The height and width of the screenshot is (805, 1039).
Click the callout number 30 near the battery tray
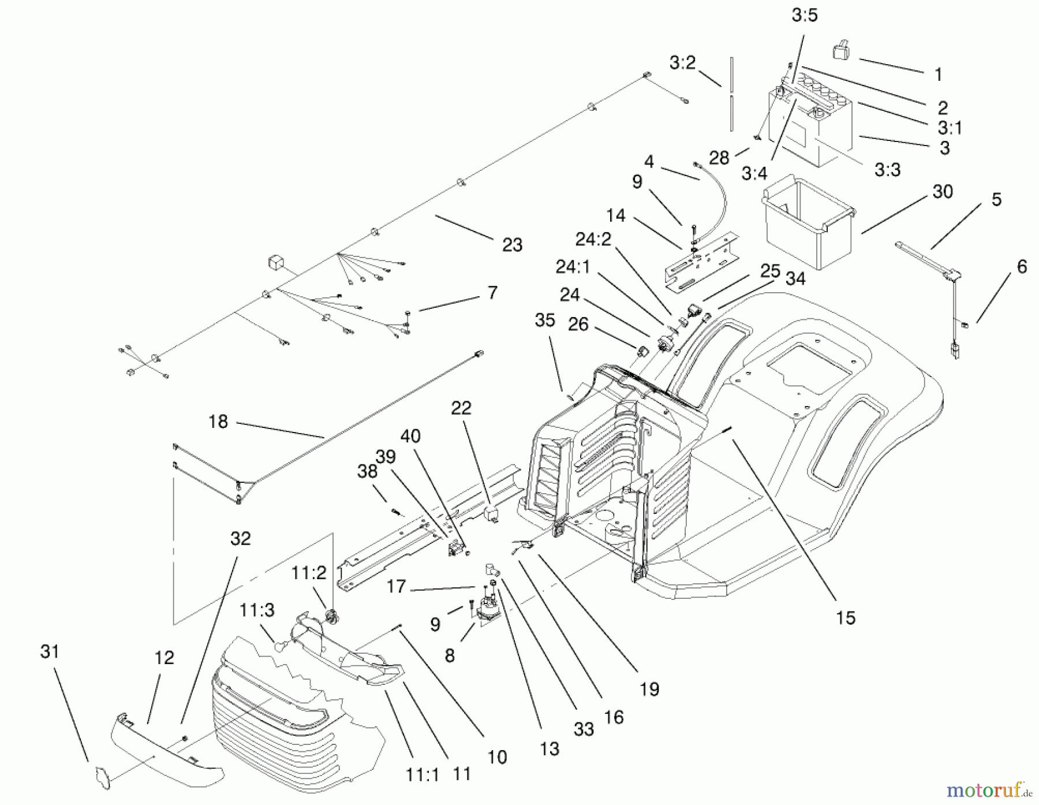(x=942, y=192)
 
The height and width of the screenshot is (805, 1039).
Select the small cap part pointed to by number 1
(x=842, y=51)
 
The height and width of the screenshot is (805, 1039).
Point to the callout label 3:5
(x=804, y=16)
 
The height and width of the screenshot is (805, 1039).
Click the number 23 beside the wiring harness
(x=512, y=245)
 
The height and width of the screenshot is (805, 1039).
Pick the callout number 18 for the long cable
(x=218, y=422)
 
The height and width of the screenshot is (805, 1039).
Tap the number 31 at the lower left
(x=50, y=652)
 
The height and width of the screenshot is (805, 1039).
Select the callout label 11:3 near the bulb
(x=257, y=610)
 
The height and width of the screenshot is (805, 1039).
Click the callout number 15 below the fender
(x=845, y=618)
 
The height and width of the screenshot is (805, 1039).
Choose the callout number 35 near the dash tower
(x=544, y=320)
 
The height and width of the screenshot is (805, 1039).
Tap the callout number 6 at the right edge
(x=1022, y=267)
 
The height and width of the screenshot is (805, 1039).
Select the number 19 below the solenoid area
(x=649, y=689)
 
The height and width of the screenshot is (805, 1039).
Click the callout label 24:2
(x=593, y=239)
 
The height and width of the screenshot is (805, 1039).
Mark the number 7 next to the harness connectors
(x=492, y=293)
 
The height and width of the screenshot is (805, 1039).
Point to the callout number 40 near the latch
(x=410, y=436)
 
